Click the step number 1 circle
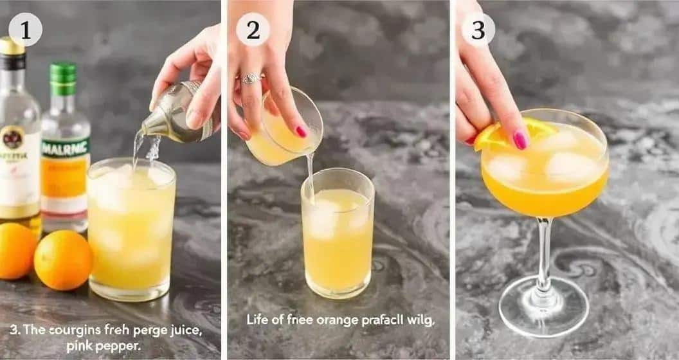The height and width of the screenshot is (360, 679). (x=26, y=29)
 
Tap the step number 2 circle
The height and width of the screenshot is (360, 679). (x=253, y=29)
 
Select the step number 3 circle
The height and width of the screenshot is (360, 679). (x=478, y=29)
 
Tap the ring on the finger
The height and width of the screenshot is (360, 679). (x=250, y=78)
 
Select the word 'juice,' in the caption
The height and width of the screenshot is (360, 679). (x=184, y=330)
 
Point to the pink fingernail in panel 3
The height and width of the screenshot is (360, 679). (x=520, y=140)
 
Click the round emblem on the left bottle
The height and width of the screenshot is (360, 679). (x=12, y=138)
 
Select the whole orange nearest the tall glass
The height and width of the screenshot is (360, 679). (x=63, y=260)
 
